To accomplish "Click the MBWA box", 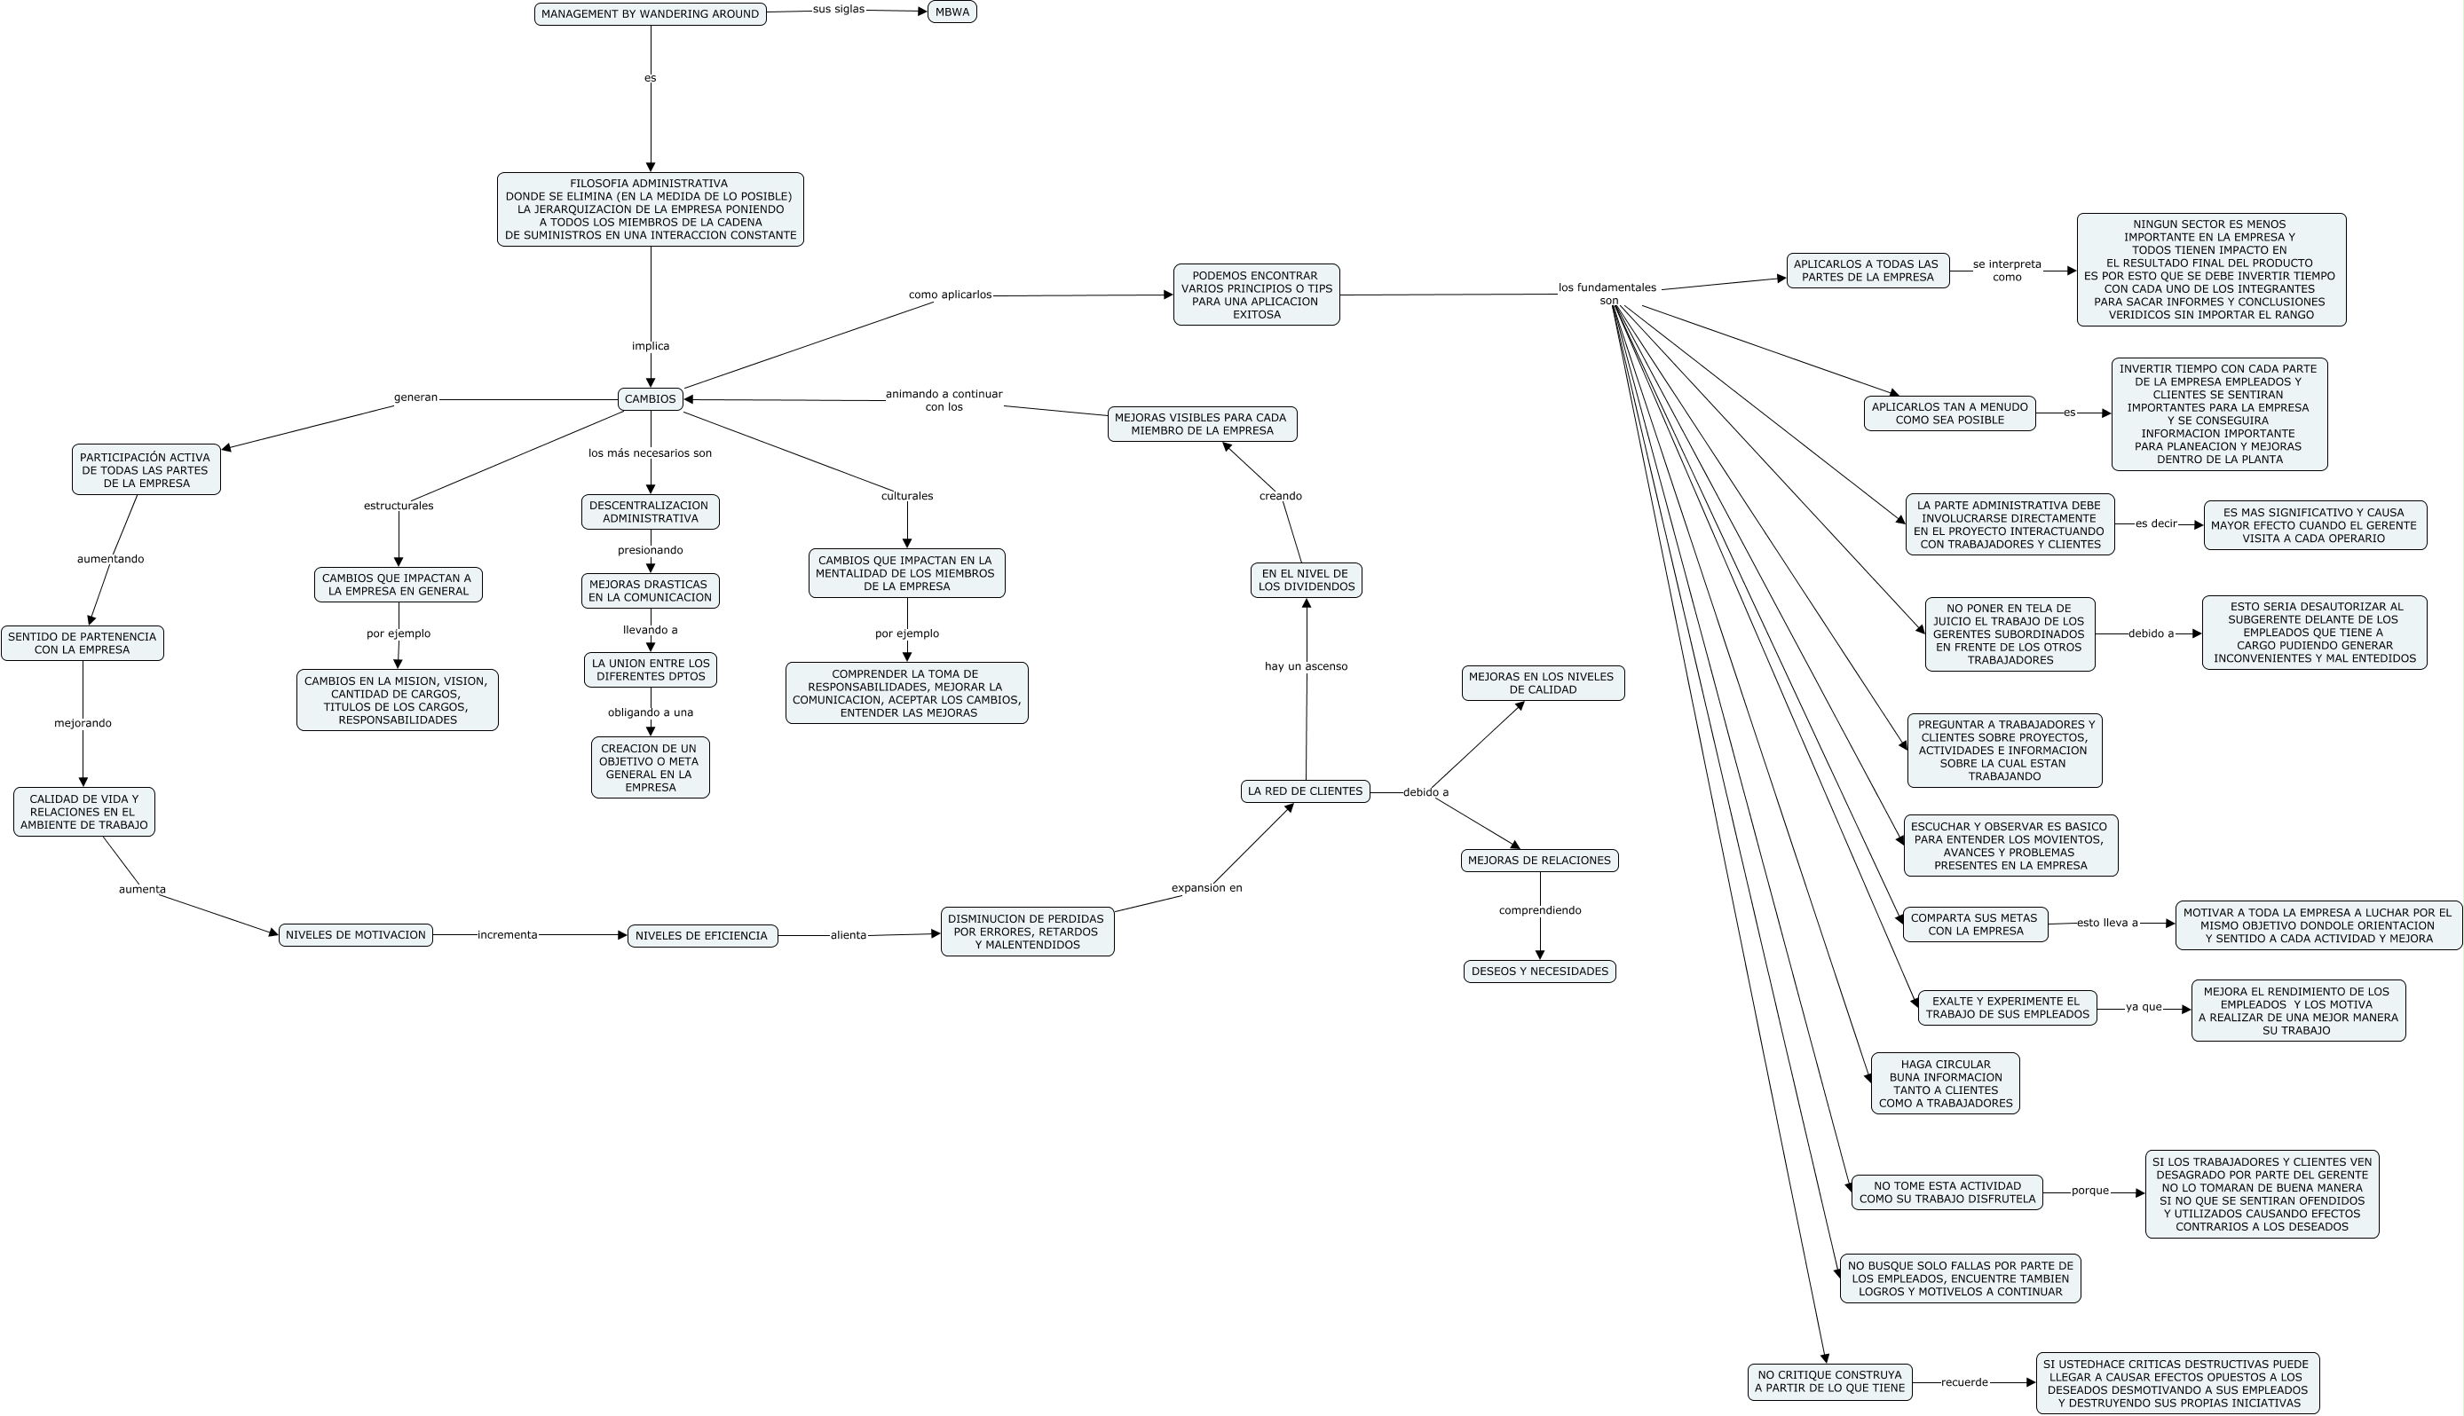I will pos(952,12).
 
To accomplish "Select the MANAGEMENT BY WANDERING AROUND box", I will pos(650,13).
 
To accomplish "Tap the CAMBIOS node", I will pos(650,398).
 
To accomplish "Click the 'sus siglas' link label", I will pos(839,10).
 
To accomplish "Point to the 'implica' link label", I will pos(650,345).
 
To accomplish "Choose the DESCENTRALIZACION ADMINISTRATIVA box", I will pos(650,512).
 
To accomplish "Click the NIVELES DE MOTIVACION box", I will pos(355,934).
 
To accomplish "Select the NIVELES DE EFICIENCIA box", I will pos(701,935).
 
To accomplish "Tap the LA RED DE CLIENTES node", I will pos(1305,791).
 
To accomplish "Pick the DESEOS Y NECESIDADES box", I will pos(1539,971).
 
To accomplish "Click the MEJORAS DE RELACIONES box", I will pos(1539,860).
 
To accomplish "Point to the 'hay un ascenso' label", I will pos(1306,666).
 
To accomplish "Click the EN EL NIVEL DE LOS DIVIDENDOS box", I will pos(1306,579).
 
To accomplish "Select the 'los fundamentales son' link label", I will pos(1607,294).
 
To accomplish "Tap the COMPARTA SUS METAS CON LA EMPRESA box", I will pos(1974,924).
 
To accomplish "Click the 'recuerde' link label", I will pos(1964,1382).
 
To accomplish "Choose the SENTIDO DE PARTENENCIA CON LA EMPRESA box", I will pos(82,643).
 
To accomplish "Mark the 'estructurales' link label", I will pos(398,506).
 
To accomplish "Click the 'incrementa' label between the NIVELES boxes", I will pos(507,934).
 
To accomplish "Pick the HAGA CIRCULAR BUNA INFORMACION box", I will pos(1945,1083).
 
